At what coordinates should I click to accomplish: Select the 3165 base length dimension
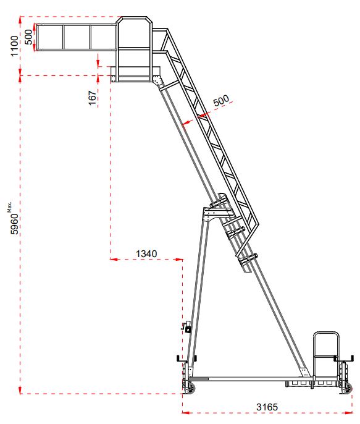[267, 406]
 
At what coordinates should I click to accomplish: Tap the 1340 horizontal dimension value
[146, 253]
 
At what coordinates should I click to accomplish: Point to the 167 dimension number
[92, 97]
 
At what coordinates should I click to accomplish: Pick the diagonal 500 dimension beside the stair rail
[220, 100]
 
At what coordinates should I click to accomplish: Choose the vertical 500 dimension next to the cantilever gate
[28, 36]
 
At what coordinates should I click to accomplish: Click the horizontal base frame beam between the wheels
[247, 378]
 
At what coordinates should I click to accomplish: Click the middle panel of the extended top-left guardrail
[77, 36]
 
